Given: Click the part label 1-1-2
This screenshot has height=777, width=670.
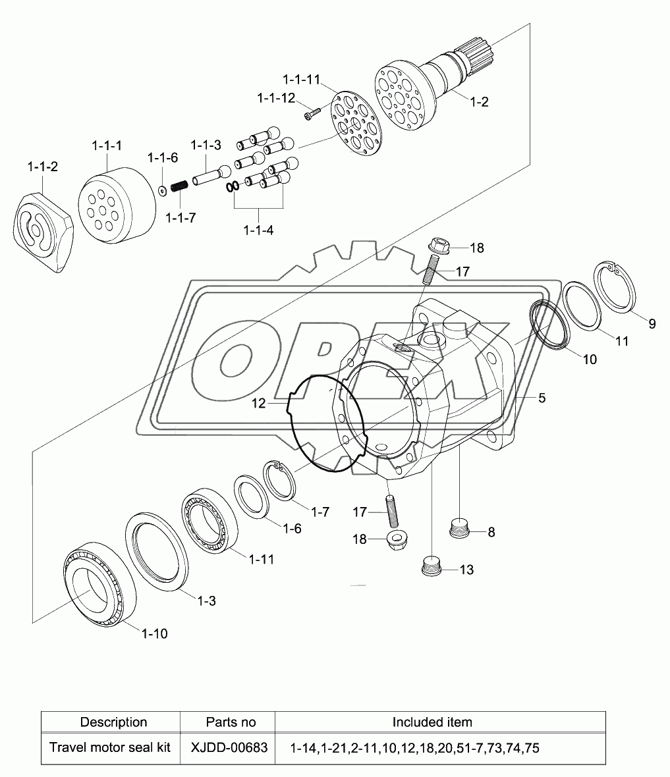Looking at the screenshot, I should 42,167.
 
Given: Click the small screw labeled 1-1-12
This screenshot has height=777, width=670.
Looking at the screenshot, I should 312,115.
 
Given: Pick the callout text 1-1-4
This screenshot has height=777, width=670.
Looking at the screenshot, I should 258,230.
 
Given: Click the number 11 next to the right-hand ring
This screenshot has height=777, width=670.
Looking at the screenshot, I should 622,341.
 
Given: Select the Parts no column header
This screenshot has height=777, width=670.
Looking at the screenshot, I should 231,722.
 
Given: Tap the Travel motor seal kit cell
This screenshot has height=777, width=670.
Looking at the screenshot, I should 110,747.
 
